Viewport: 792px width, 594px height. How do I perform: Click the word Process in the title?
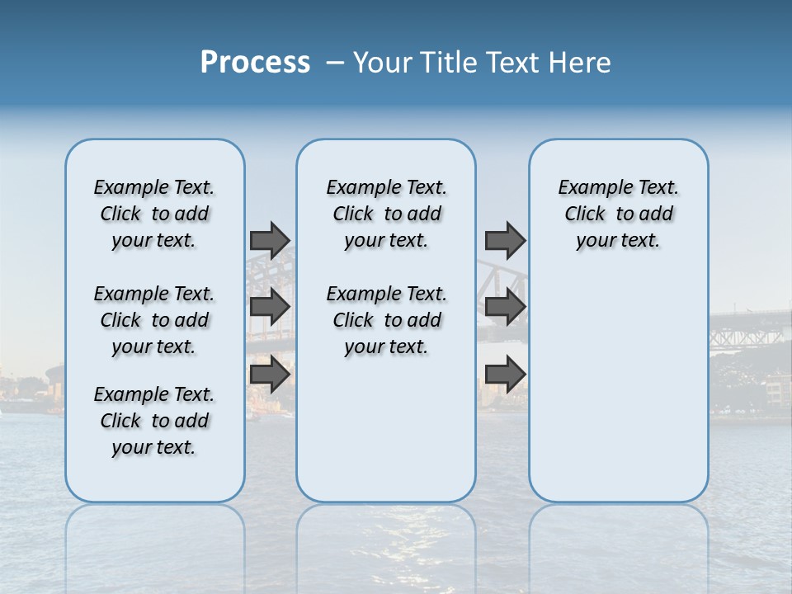click(255, 63)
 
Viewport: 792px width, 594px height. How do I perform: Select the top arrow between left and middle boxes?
click(270, 240)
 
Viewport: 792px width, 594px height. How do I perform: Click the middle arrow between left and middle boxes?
click(270, 307)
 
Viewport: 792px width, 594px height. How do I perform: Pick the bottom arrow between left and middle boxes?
click(270, 375)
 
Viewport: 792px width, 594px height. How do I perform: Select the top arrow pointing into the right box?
click(505, 240)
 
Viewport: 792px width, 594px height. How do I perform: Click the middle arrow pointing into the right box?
click(505, 307)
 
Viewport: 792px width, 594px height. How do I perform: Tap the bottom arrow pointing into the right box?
click(505, 375)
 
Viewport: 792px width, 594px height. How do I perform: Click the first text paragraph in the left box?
click(154, 214)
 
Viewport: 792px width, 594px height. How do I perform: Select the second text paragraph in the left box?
click(154, 320)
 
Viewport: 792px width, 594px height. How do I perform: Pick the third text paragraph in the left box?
click(154, 421)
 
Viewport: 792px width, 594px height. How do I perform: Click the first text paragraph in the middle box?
click(386, 214)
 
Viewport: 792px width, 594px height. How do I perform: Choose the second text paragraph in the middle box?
click(386, 320)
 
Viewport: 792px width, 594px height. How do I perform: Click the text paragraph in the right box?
click(618, 214)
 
